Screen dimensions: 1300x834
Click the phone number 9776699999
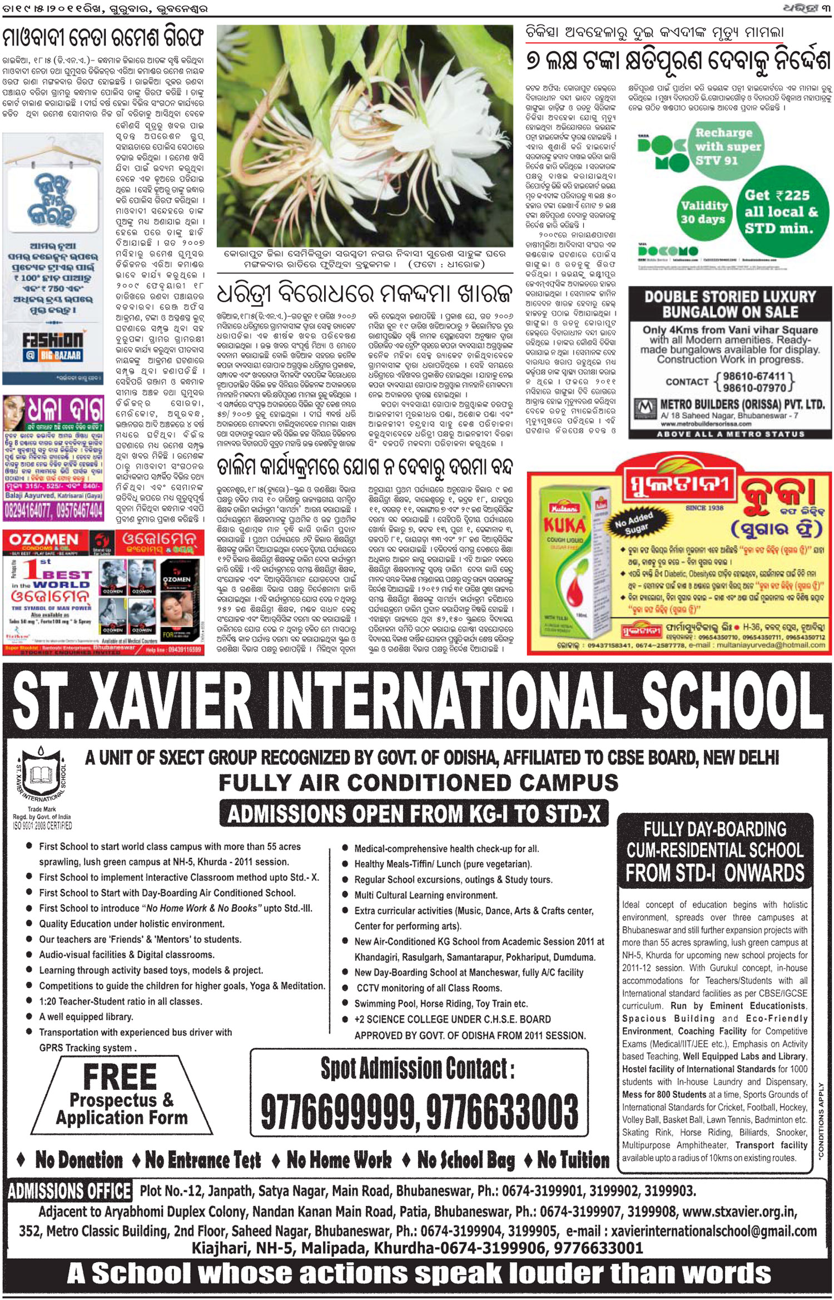tap(339, 1113)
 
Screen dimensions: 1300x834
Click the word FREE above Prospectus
tap(120, 1076)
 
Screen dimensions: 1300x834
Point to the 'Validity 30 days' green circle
tap(704, 212)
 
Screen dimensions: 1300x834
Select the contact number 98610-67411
tap(753, 377)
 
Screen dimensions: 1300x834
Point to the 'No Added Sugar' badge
tap(633, 522)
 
